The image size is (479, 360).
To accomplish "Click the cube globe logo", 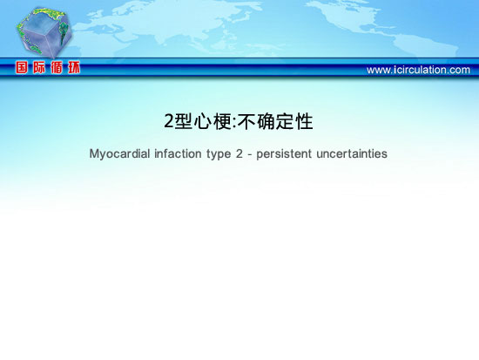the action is tap(44, 32).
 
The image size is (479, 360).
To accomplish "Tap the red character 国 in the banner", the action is tap(22, 67).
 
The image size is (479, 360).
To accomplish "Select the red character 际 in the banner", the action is tap(39, 67).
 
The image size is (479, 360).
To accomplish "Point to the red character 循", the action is tap(57, 67).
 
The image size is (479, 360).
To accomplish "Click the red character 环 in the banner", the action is tap(74, 67).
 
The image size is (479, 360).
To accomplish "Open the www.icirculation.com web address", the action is tap(418, 70).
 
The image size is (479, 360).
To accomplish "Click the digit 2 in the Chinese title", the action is tap(169, 121).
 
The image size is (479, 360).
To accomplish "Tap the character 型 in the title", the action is tap(184, 121).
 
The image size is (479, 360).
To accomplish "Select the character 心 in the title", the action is tap(203, 121).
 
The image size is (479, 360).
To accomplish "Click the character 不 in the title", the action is tap(246, 121).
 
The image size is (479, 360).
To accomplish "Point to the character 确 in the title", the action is tap(266, 121).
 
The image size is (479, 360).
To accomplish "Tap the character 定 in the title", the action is tap(285, 121).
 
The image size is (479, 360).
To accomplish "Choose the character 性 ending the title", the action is tap(304, 121).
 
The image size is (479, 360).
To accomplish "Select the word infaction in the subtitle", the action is tap(178, 153).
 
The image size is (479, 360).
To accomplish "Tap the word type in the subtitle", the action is tap(219, 154).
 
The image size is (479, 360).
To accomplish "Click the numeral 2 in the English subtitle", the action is tap(239, 153).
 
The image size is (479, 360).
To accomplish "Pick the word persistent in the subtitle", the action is tap(284, 153).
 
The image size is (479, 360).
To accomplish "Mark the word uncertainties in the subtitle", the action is tap(352, 153).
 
